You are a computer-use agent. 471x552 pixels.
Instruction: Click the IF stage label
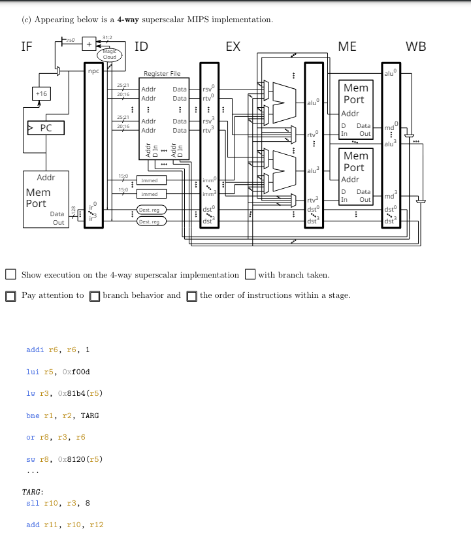pos(27,46)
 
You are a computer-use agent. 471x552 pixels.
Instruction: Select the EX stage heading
pos(233,46)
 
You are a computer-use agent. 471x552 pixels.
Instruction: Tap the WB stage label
pos(415,46)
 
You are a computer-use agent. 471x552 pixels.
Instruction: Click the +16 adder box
pos(41,94)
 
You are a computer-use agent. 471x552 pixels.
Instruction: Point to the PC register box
pos(46,127)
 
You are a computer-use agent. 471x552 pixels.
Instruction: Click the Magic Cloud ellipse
pos(109,55)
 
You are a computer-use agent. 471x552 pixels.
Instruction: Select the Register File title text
pos(162,74)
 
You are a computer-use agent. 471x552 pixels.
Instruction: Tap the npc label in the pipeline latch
pos(93,71)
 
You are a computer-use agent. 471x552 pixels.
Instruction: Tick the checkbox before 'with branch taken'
pos(250,274)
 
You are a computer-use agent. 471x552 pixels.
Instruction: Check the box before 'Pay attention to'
pos(10,296)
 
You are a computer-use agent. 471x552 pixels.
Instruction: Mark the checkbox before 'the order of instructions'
pos(191,296)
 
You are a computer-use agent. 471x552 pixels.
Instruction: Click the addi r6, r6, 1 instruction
pos(57,349)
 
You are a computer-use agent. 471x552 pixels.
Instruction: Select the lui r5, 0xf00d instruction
pos(57,372)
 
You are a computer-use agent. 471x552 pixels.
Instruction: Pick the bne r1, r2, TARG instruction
pos(62,415)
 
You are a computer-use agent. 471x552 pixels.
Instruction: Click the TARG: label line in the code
pos(33,492)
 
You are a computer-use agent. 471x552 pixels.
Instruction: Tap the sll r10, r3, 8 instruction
pos(57,503)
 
